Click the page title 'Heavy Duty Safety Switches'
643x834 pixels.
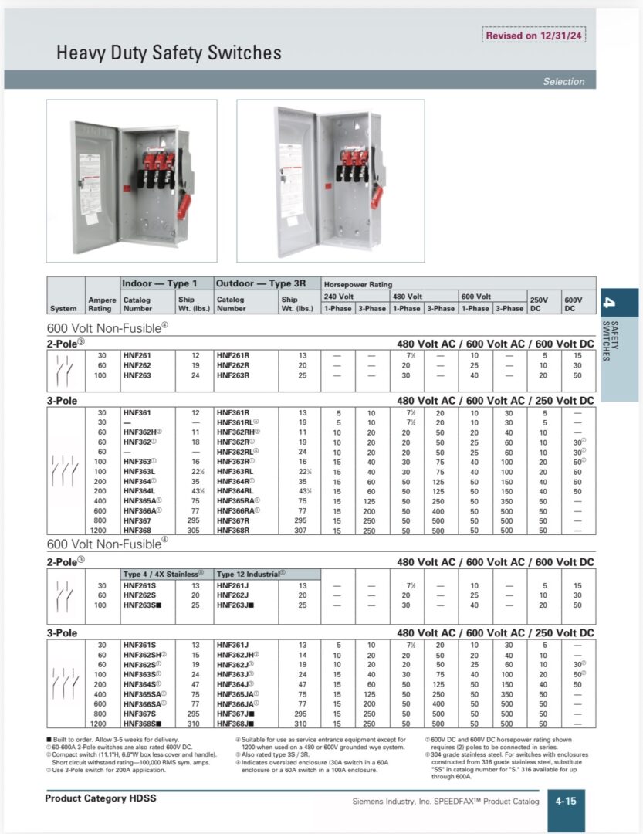168,53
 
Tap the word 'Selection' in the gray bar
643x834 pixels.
563,81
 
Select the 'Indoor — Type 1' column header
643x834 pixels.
160,283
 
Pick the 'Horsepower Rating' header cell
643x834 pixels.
357,284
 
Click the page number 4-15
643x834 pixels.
566,801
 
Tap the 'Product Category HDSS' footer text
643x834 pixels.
100,798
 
